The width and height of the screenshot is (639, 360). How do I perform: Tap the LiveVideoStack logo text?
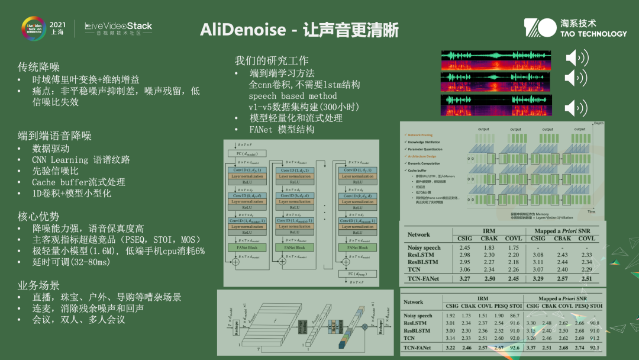[x=118, y=26]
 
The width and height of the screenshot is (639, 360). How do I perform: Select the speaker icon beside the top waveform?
[x=577, y=58]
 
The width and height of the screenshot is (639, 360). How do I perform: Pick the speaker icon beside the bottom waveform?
[x=577, y=108]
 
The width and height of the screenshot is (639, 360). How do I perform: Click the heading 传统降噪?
[x=38, y=67]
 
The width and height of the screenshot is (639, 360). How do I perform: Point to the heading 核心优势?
[x=38, y=216]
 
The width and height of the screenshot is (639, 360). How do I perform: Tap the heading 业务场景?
[x=38, y=285]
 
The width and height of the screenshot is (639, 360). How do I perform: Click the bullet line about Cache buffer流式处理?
[x=78, y=182]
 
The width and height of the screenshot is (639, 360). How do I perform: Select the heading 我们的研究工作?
[x=272, y=60]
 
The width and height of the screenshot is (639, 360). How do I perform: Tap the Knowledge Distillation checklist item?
[x=425, y=143]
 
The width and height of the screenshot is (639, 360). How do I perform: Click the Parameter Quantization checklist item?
[x=427, y=149]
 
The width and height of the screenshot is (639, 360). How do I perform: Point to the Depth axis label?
[x=599, y=122]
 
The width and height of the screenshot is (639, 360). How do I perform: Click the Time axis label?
[x=591, y=211]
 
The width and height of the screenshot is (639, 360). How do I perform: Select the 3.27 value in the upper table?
[x=465, y=278]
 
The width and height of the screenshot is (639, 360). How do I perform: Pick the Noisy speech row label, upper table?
[x=424, y=247]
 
